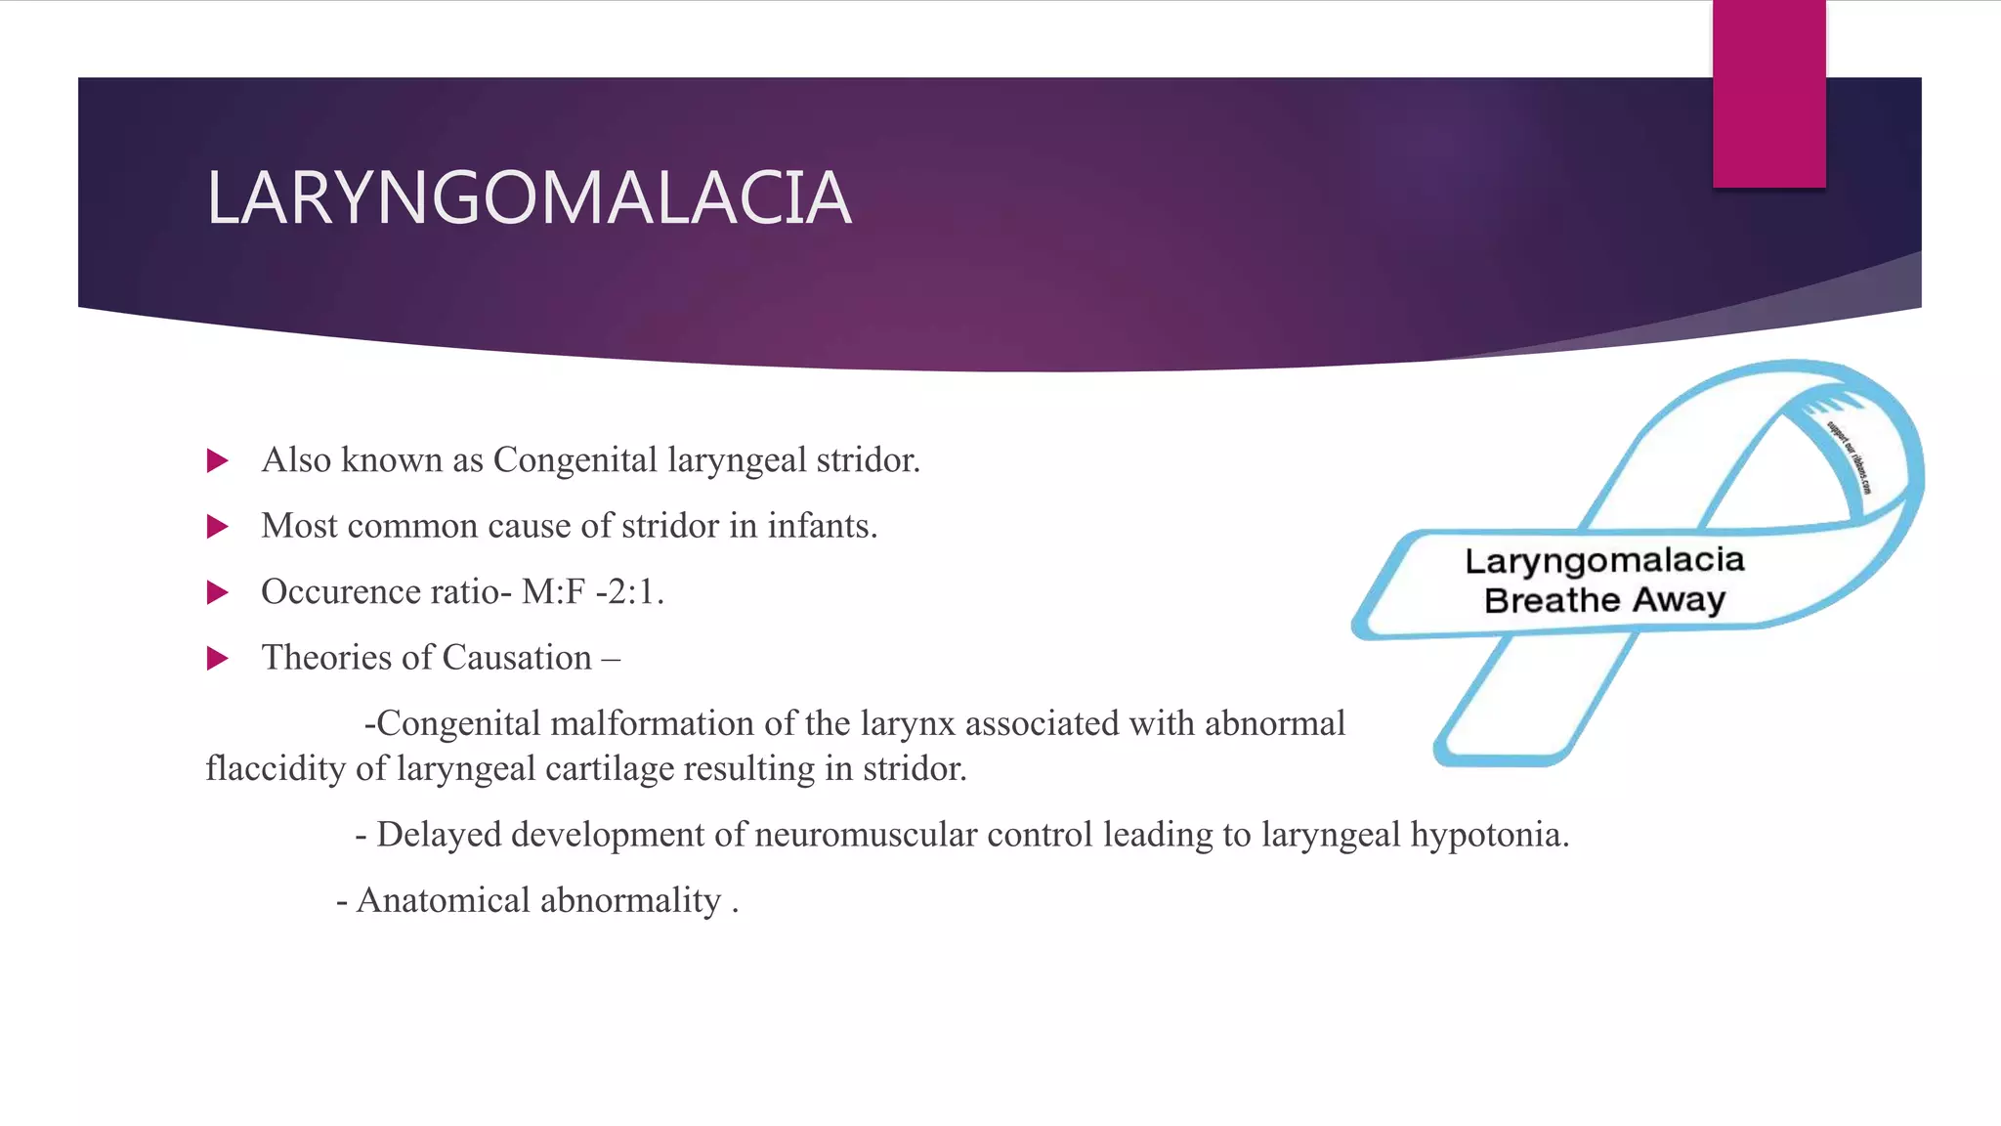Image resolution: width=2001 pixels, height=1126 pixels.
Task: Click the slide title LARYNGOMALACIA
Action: tap(529, 198)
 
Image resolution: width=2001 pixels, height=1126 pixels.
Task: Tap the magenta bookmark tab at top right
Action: tap(1768, 94)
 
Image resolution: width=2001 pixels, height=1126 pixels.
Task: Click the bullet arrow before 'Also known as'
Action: tap(218, 460)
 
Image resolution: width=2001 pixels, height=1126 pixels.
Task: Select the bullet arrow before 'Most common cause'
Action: tap(218, 527)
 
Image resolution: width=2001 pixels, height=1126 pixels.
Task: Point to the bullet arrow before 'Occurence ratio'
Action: tap(218, 592)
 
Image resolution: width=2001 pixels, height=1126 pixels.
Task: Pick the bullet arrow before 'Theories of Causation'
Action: tap(218, 658)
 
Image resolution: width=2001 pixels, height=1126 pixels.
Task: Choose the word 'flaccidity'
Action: tap(275, 769)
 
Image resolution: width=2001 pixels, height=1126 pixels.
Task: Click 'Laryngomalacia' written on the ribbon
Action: tap(1604, 560)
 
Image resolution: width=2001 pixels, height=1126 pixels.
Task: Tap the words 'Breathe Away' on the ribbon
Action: tap(1604, 599)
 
